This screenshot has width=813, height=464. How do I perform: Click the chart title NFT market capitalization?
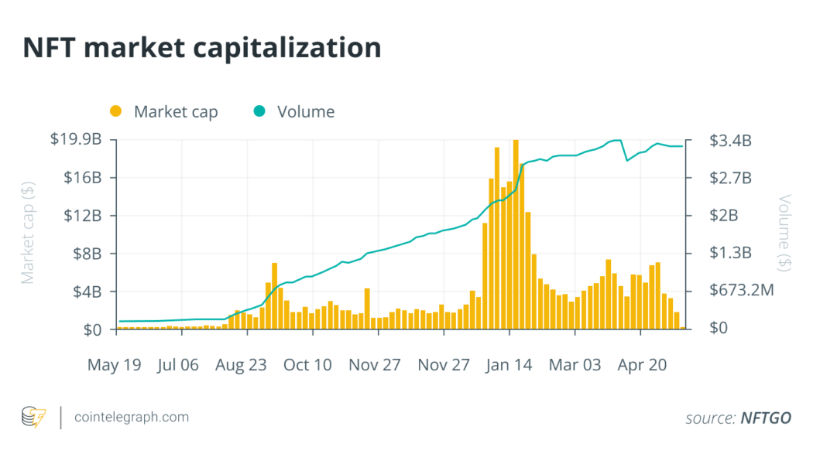[202, 48]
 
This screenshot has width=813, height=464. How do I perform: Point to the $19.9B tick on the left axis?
[76, 140]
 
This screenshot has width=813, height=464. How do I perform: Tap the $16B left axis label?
[83, 178]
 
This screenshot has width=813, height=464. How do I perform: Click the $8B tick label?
[86, 254]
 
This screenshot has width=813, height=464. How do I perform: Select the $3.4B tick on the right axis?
[730, 141]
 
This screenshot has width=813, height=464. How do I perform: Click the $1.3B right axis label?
[730, 254]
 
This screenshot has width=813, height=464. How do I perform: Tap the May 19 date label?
[115, 364]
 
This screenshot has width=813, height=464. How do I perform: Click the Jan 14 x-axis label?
[509, 364]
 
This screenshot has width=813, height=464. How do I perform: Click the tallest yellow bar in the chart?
[516, 232]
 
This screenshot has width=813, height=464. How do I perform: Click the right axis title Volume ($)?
[784, 232]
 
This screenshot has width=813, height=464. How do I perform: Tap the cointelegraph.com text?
[131, 417]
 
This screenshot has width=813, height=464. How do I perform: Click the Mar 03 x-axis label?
[575, 364]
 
